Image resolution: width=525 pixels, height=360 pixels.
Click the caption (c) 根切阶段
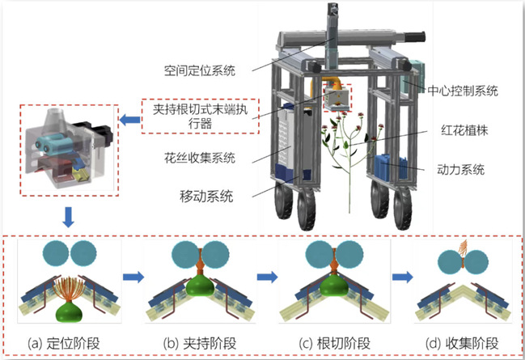pos(326,341)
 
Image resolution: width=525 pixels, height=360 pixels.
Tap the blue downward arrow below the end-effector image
pos(69,217)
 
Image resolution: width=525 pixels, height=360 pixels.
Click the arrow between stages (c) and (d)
pos(400,277)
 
